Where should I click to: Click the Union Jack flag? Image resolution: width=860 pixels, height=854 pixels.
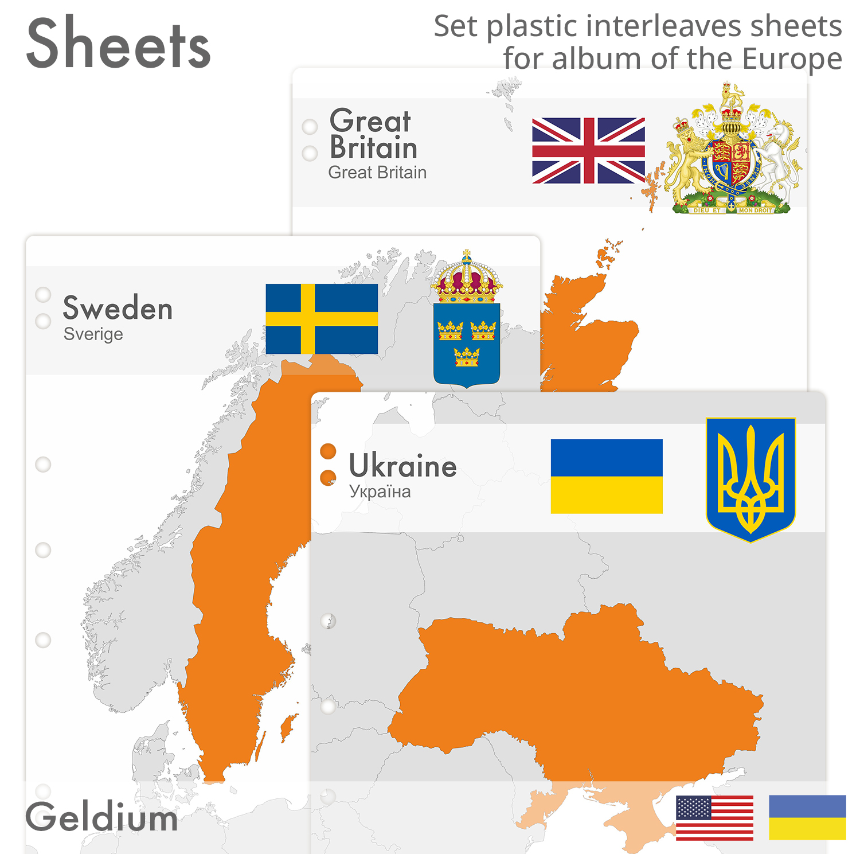click(588, 150)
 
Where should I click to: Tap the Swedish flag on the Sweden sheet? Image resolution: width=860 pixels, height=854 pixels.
click(322, 319)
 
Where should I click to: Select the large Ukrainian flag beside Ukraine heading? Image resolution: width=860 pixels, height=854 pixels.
click(607, 476)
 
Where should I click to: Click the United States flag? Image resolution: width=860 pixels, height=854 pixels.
click(714, 818)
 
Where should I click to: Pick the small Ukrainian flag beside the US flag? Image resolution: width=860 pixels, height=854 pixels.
click(807, 817)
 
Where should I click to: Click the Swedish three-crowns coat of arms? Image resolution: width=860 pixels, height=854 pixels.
click(467, 344)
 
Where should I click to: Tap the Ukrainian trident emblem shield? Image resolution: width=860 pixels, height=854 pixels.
click(750, 479)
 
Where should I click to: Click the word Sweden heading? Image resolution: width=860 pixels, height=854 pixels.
click(118, 308)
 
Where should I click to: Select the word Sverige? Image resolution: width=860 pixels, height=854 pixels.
click(93, 334)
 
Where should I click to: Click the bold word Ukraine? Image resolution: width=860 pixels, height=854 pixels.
click(402, 465)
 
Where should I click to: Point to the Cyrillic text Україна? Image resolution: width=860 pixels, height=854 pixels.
click(380, 492)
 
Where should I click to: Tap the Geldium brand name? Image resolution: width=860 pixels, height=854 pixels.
click(101, 817)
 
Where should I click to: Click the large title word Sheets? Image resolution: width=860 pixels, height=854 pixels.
click(119, 44)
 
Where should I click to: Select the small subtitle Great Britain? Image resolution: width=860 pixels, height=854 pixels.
click(377, 172)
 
